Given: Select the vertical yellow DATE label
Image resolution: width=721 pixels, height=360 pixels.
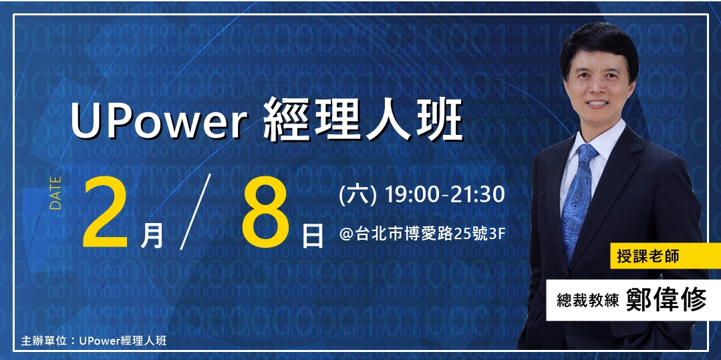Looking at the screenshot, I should [56, 193].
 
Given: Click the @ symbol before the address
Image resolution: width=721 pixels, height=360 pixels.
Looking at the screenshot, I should [346, 234].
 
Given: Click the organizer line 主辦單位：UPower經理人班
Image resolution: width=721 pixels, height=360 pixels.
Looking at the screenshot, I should [94, 340].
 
